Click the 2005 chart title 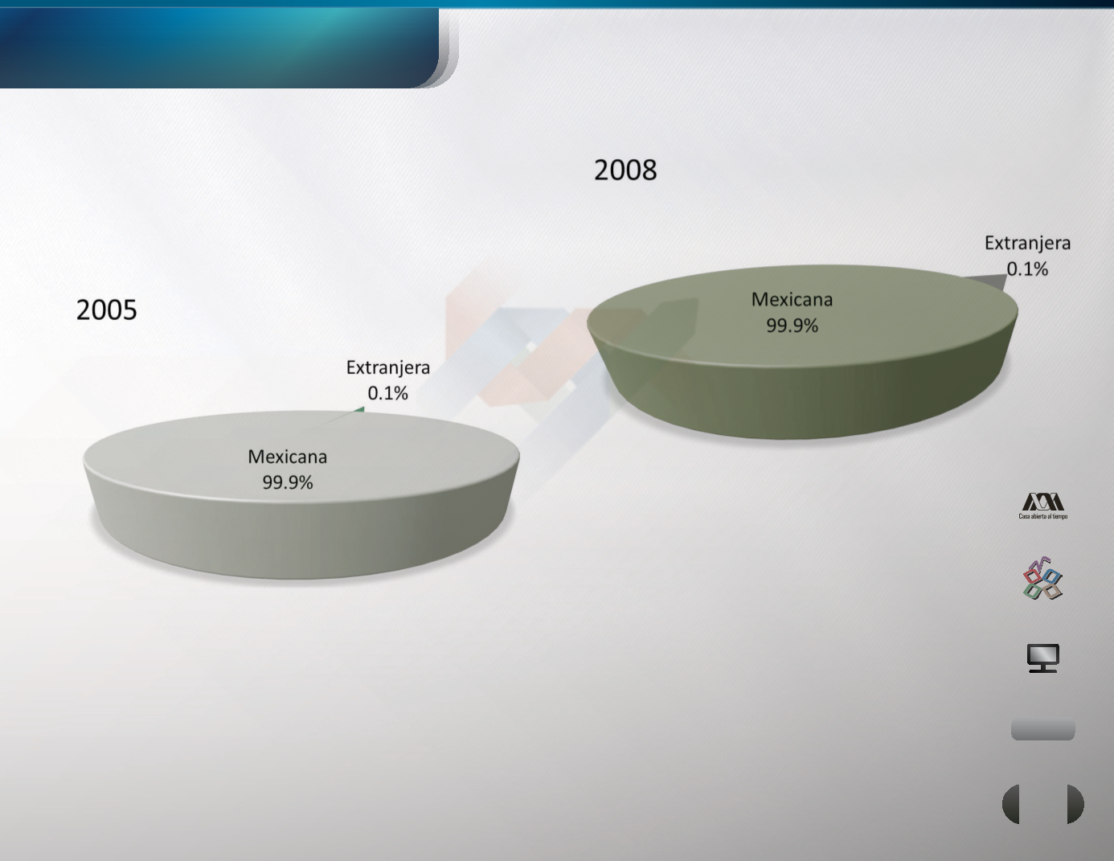[107, 310]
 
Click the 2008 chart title [625, 170]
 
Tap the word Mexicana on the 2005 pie [288, 457]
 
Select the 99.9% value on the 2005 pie [288, 482]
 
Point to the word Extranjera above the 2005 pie [388, 367]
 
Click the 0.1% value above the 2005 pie [388, 393]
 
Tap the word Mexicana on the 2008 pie [792, 300]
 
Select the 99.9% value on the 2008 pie [792, 326]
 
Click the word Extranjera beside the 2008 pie [1028, 243]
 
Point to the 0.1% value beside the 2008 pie [1027, 269]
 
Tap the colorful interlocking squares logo [1042, 579]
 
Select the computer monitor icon [1043, 658]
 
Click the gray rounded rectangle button [1042, 730]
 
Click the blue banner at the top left [219, 47]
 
